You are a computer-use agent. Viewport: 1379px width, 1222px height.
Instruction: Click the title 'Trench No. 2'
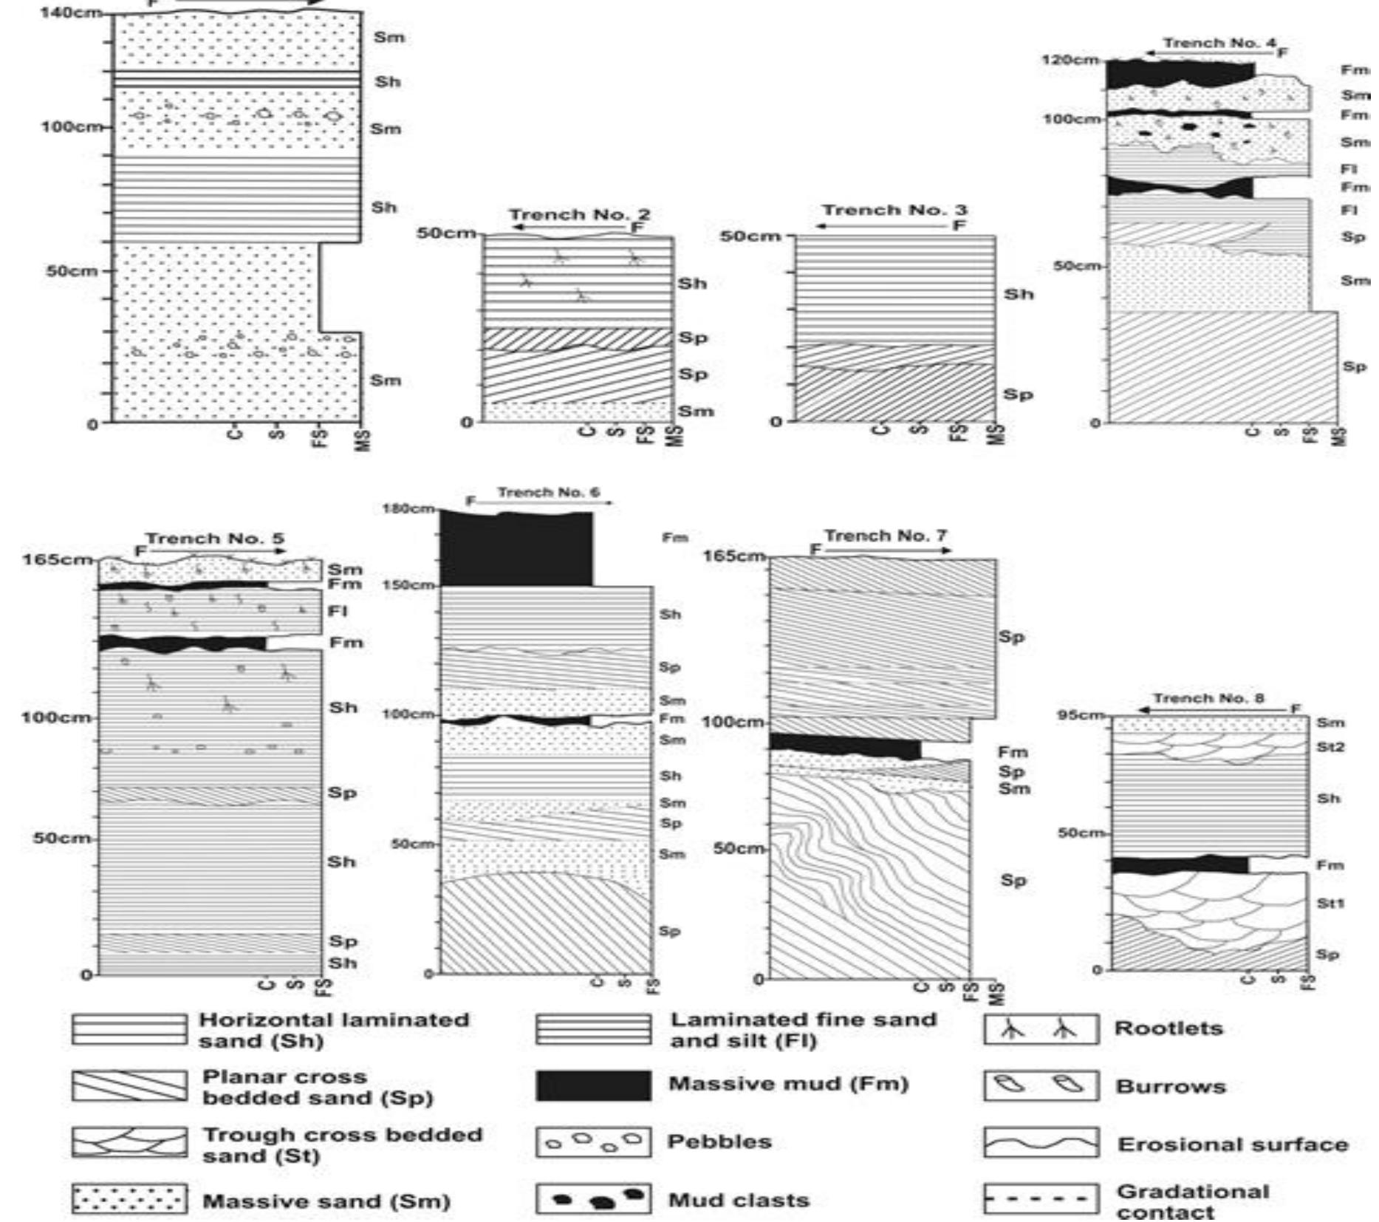click(x=580, y=215)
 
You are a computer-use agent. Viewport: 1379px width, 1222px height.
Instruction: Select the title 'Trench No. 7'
click(x=886, y=536)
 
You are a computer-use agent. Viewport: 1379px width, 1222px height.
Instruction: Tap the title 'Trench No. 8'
click(x=1209, y=698)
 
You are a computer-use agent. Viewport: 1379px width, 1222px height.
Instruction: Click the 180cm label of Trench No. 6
click(x=408, y=508)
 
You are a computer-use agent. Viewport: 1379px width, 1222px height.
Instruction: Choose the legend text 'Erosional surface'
click(x=1233, y=1144)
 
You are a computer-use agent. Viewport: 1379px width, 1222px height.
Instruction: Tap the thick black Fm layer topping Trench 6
click(x=516, y=548)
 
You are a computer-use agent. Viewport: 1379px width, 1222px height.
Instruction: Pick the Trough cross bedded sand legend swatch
click(x=129, y=1142)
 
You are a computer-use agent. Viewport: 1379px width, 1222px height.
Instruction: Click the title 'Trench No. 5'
click(x=214, y=539)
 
